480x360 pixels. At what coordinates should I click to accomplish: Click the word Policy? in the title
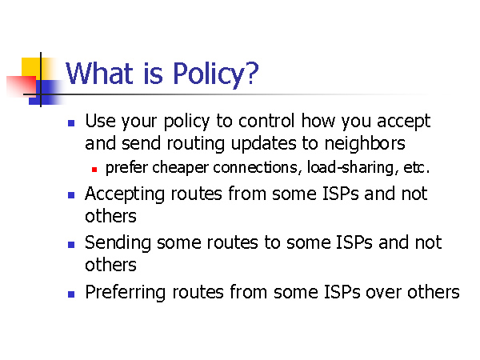tap(216, 74)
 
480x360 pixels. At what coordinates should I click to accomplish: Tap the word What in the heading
tap(99, 73)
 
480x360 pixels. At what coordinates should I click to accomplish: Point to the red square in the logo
tap(22, 86)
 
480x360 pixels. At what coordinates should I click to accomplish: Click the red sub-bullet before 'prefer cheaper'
tap(94, 170)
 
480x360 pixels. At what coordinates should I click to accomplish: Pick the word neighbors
tap(365, 143)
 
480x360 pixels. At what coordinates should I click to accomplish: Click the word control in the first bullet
tap(266, 121)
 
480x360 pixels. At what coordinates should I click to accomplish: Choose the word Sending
tap(118, 242)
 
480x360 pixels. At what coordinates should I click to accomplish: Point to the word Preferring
tap(126, 292)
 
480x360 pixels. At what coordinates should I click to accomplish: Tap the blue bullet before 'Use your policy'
tap(71, 123)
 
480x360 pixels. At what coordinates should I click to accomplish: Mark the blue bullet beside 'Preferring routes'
tap(71, 294)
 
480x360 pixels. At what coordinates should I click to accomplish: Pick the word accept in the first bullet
tap(404, 122)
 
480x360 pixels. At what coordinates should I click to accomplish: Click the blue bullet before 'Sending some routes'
tap(71, 245)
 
